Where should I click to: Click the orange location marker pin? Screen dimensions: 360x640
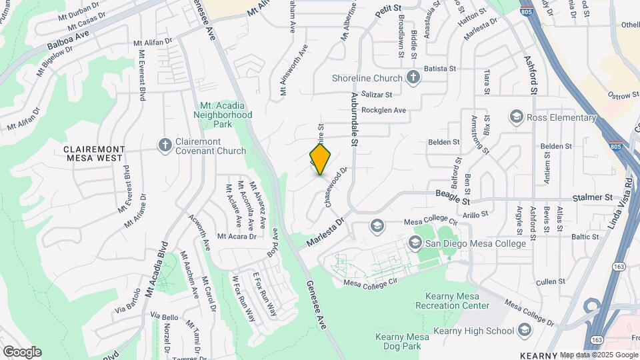click(x=321, y=159)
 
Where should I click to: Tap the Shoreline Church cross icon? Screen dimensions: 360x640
click(x=413, y=78)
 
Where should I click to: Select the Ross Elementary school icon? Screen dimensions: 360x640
click(x=515, y=117)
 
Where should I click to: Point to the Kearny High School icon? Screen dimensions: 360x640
click(x=525, y=331)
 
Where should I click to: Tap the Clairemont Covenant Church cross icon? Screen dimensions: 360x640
click(x=165, y=145)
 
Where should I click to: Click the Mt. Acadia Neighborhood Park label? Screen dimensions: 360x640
click(x=227, y=115)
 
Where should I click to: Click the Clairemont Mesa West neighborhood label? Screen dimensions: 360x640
click(x=93, y=153)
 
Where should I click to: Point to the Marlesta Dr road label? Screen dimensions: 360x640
click(x=326, y=231)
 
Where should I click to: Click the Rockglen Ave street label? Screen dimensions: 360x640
click(x=383, y=110)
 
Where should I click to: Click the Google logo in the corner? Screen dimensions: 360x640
click(x=22, y=351)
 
